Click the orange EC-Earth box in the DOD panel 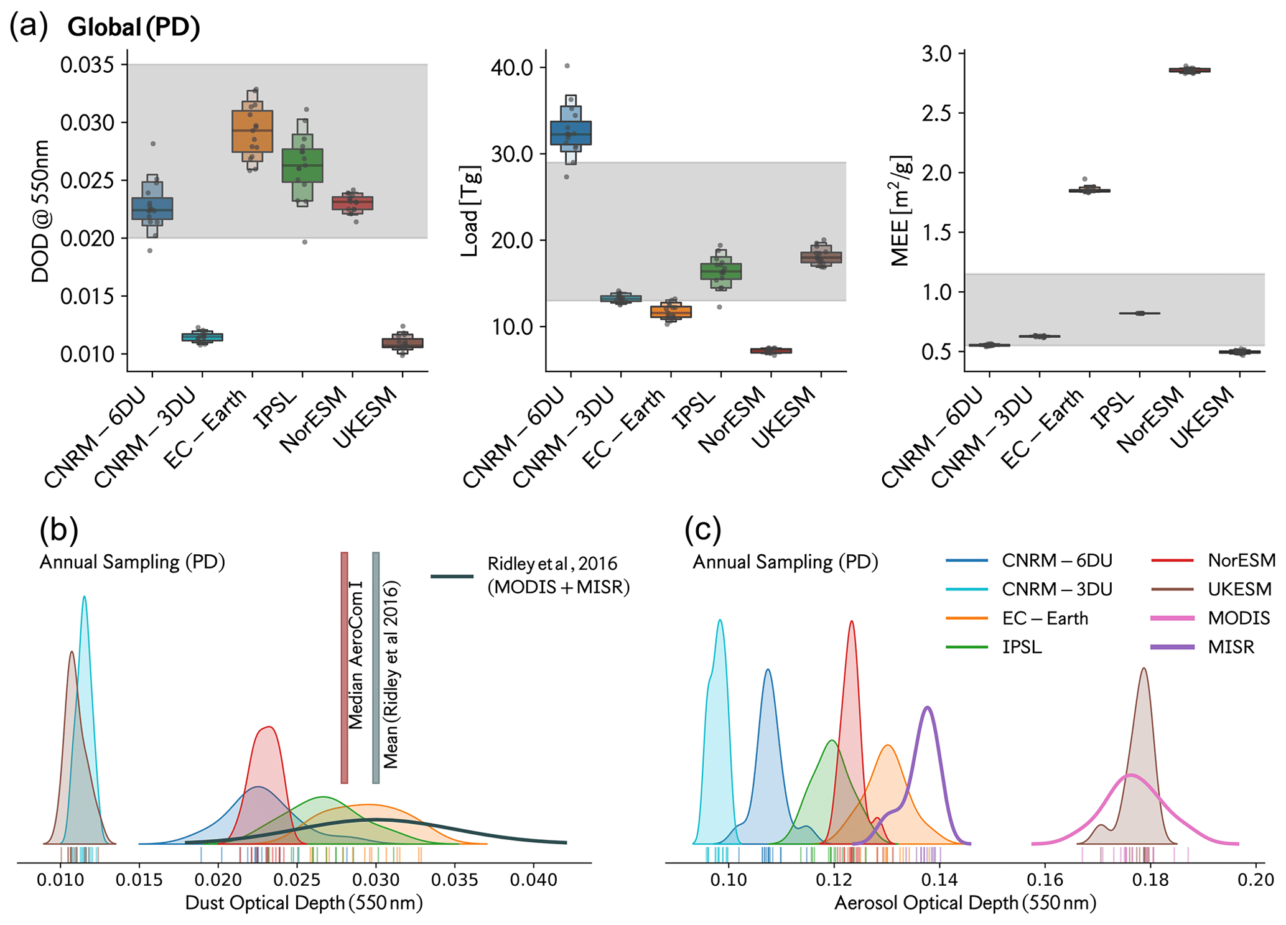(x=252, y=131)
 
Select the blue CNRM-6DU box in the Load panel (x=571, y=133)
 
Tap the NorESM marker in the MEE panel (x=1189, y=70)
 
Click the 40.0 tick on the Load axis (x=511, y=68)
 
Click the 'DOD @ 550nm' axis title (x=40, y=211)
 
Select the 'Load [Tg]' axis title (x=470, y=211)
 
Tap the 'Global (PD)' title (x=134, y=27)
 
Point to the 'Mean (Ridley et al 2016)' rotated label (x=391, y=675)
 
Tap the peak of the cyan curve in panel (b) (x=84, y=597)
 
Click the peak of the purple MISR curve (x=928, y=707)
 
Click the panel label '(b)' (x=58, y=530)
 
